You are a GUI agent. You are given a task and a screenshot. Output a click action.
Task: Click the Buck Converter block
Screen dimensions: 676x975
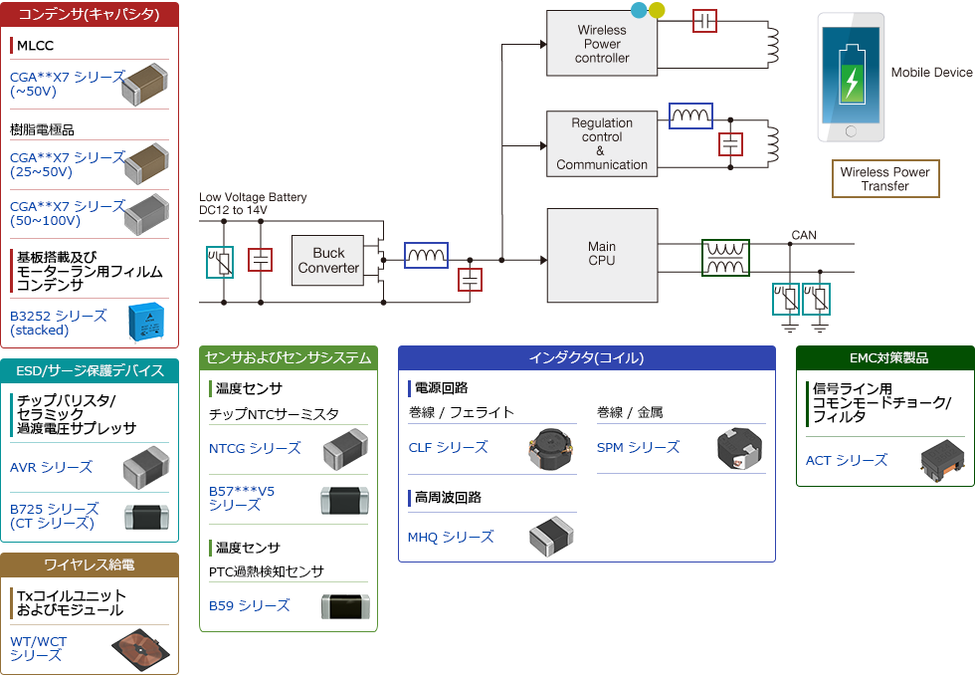(x=328, y=261)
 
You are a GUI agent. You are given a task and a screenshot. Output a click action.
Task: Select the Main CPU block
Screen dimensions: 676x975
(x=602, y=254)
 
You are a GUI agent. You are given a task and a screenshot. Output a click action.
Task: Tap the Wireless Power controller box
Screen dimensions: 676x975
(x=602, y=44)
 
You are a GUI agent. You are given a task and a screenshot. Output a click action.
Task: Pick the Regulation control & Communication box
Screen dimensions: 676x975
(x=602, y=144)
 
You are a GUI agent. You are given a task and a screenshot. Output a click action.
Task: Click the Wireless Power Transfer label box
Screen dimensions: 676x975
(x=884, y=179)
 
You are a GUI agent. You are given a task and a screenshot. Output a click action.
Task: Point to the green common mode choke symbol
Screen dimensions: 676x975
(x=725, y=258)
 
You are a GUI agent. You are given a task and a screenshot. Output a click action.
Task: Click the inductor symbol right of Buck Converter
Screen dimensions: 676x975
(x=426, y=256)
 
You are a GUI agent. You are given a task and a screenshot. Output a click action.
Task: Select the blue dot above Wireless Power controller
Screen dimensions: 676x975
(x=639, y=10)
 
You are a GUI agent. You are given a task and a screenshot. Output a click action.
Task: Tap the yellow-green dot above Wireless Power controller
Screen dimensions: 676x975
(x=656, y=11)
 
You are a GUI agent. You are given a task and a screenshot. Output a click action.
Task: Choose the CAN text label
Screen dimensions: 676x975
(x=804, y=236)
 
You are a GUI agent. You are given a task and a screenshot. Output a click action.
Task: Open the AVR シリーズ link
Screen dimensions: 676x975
(x=51, y=467)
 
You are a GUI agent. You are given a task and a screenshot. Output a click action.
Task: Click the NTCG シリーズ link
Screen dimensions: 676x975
(x=255, y=449)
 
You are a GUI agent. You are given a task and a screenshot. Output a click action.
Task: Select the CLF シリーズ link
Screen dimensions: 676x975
(x=448, y=448)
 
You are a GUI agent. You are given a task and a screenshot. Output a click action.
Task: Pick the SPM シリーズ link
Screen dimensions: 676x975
(x=638, y=448)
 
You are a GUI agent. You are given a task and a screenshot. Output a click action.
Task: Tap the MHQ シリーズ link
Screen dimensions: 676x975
(x=451, y=538)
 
